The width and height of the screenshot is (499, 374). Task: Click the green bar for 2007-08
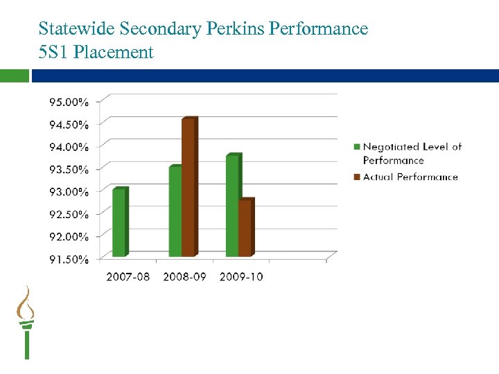pyautogui.click(x=119, y=222)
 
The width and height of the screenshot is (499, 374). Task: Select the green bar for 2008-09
pyautogui.click(x=175, y=211)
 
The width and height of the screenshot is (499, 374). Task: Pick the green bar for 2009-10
pyautogui.click(x=232, y=206)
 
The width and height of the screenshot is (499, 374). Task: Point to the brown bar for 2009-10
pyautogui.click(x=245, y=228)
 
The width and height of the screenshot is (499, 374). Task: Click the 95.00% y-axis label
pyautogui.click(x=69, y=102)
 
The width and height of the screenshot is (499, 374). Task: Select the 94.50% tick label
pyautogui.click(x=69, y=125)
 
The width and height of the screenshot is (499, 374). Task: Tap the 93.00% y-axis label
pyautogui.click(x=69, y=191)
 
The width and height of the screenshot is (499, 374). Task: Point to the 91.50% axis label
pyautogui.click(x=69, y=259)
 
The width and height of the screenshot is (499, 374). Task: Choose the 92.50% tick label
pyautogui.click(x=69, y=214)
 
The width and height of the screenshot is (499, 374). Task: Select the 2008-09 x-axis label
pyautogui.click(x=185, y=277)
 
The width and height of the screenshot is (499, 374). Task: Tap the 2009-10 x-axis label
pyautogui.click(x=241, y=277)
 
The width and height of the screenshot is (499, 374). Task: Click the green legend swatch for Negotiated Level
pyautogui.click(x=357, y=147)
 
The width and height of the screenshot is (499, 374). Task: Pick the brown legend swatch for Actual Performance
pyautogui.click(x=357, y=177)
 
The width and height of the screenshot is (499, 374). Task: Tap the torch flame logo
pyautogui.click(x=26, y=305)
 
